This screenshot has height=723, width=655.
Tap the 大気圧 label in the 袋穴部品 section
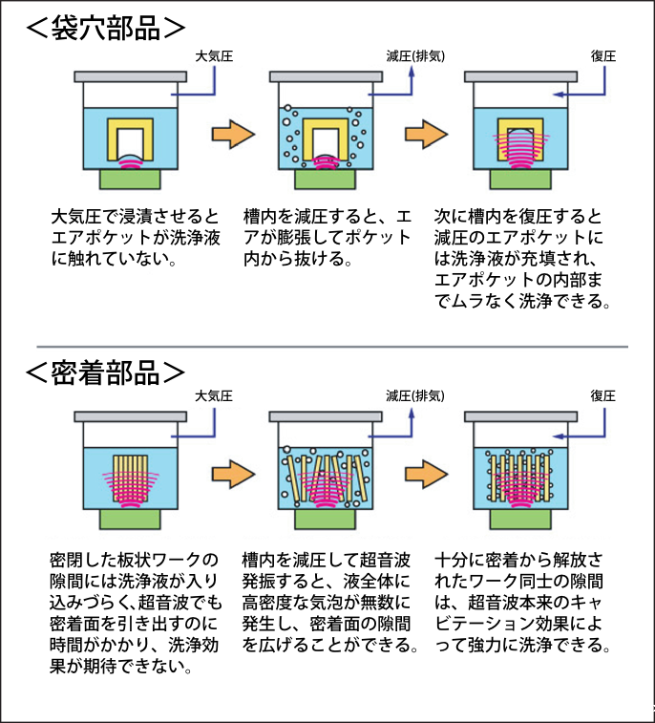pyautogui.click(x=212, y=56)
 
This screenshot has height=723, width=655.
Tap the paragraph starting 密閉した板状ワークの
pyautogui.click(x=136, y=612)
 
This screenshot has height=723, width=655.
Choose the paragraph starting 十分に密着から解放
pyautogui.click(x=524, y=602)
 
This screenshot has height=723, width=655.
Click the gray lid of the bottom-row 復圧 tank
pyautogui.click(x=518, y=416)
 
